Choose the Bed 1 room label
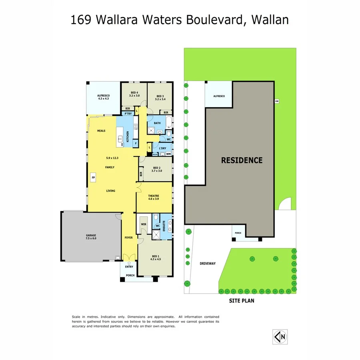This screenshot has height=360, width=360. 155,258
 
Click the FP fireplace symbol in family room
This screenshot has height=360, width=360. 93,177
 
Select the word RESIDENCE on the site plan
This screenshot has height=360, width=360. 242,160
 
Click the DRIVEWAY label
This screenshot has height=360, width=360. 208,263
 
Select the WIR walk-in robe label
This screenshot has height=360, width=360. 144,224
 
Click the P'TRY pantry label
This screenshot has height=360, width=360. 128,114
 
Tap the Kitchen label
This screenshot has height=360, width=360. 128,136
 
